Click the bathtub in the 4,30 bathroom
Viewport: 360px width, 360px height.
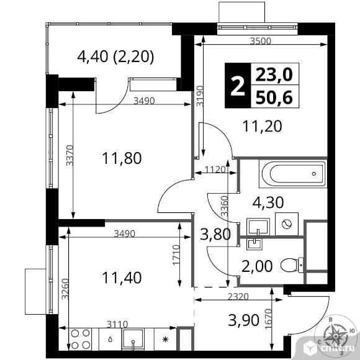pyautogui.click(x=293, y=174)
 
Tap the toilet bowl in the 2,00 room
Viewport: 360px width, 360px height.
pyautogui.click(x=292, y=265)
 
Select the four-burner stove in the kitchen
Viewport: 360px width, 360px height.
pyautogui.click(x=80, y=339)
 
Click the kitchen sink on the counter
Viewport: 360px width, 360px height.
pyautogui.click(x=133, y=340)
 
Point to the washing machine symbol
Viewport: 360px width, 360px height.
pyautogui.click(x=287, y=224)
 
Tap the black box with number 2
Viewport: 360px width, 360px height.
pyautogui.click(x=238, y=86)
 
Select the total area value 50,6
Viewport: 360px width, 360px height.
pyautogui.click(x=274, y=97)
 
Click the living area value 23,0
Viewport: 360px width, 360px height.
pyautogui.click(x=274, y=74)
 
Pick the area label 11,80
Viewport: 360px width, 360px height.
pyautogui.click(x=122, y=158)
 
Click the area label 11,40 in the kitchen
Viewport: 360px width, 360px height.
pyautogui.click(x=122, y=277)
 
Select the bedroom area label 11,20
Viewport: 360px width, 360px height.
pyautogui.click(x=262, y=126)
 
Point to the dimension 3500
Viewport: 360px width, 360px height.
pyautogui.click(x=260, y=41)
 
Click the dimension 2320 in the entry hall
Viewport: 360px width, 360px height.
pyautogui.click(x=238, y=297)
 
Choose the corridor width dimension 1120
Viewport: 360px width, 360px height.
pyautogui.click(x=215, y=169)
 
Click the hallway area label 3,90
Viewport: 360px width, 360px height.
pyautogui.click(x=243, y=320)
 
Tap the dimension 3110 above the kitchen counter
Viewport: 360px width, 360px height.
pyautogui.click(x=117, y=325)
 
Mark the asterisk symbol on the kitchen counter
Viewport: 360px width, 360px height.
pyautogui.click(x=165, y=339)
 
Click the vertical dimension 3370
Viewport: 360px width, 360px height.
pyautogui.click(x=70, y=155)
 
